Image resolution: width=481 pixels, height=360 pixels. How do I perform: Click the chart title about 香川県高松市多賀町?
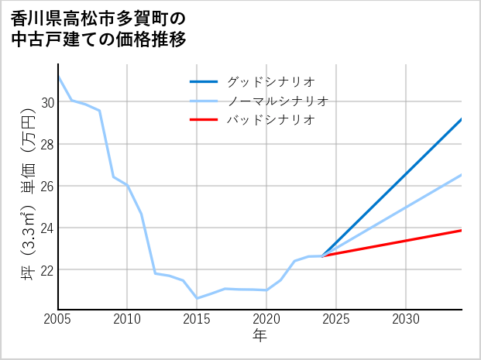(x=100, y=29)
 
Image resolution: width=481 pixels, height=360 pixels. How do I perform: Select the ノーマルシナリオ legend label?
(x=278, y=101)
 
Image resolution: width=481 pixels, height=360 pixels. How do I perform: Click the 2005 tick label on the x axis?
(x=58, y=320)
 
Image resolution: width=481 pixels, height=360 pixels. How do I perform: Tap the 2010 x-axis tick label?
(x=128, y=320)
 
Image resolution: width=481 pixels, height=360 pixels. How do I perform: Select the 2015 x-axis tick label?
(x=197, y=320)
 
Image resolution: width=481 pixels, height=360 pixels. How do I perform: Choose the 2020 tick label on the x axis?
(x=266, y=320)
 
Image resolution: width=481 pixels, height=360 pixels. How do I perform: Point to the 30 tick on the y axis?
(x=46, y=102)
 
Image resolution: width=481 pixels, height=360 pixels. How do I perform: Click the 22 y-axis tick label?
(x=46, y=269)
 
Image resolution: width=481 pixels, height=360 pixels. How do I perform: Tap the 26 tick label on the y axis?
(x=46, y=186)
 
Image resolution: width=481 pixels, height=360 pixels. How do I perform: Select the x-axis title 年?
(x=259, y=335)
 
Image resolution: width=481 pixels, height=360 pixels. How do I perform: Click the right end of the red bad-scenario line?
(x=461, y=230)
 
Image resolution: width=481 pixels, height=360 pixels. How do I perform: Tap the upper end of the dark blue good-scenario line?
(x=461, y=119)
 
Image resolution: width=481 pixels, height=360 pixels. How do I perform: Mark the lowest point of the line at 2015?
(x=197, y=298)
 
